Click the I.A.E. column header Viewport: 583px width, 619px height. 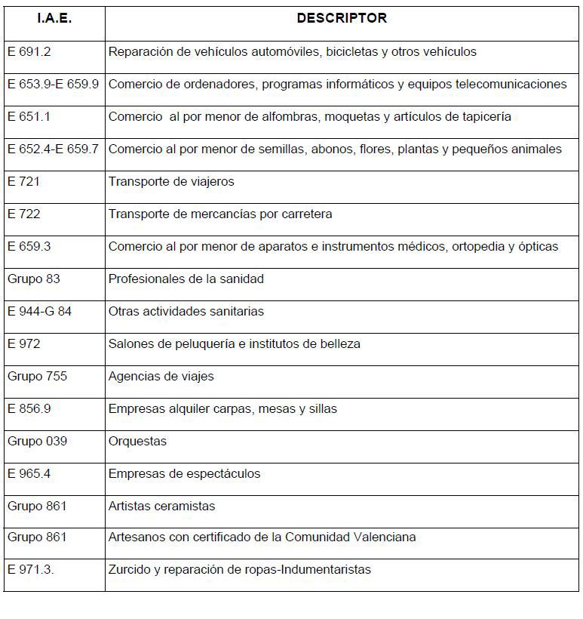pos(54,19)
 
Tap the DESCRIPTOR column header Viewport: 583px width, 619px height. pos(342,18)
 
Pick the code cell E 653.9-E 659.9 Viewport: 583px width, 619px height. pos(54,85)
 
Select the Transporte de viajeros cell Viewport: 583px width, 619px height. pos(171,182)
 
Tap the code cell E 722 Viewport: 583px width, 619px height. pos(24,214)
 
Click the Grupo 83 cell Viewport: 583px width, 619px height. pos(34,279)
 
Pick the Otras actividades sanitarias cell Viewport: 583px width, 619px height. pos(186,312)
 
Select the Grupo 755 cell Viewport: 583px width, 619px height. pos(37,377)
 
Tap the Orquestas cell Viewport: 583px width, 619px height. pos(137,442)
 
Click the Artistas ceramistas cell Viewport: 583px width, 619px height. pos(161,507)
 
